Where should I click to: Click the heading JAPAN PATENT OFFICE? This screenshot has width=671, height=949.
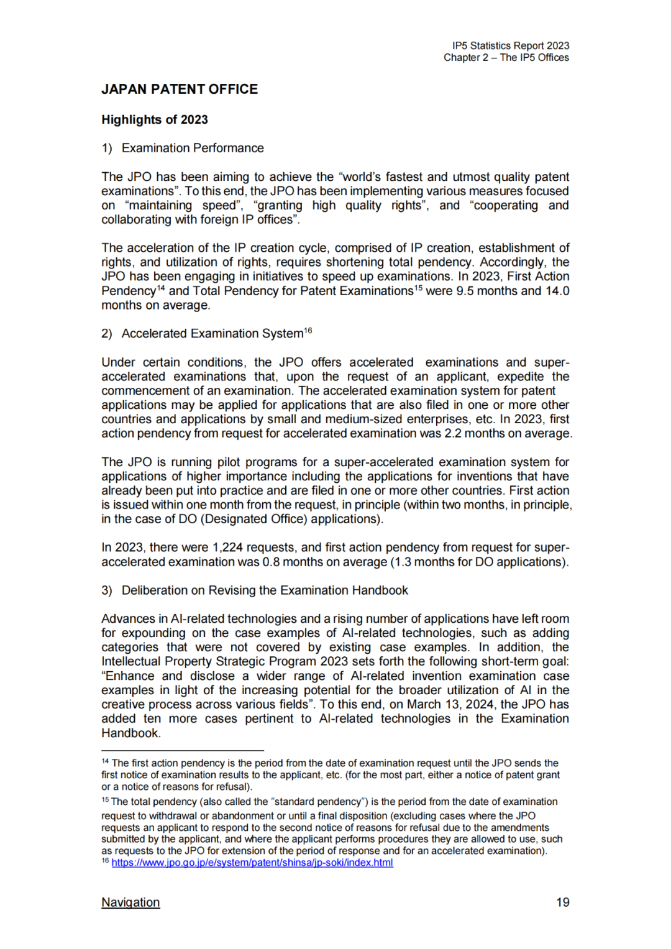(x=180, y=89)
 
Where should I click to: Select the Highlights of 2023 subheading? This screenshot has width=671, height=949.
(x=155, y=120)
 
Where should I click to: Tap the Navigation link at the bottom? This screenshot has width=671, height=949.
(x=130, y=902)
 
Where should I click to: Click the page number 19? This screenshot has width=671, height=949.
(x=562, y=902)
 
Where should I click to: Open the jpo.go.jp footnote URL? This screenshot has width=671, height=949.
(x=252, y=863)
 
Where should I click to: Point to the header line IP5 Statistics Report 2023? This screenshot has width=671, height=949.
(x=511, y=46)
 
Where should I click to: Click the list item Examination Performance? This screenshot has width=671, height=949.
(x=193, y=149)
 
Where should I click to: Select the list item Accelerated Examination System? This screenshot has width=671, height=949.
(x=212, y=334)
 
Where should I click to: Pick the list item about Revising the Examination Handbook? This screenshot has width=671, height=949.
(x=265, y=590)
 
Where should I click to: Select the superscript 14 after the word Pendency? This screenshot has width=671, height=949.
(x=161, y=288)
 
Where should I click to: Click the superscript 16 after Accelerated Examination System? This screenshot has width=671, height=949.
(x=308, y=331)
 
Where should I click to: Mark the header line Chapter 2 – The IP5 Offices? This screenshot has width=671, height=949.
(x=506, y=58)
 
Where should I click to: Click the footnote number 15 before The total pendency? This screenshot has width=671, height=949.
(x=105, y=800)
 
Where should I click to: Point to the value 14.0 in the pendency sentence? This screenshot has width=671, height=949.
(x=557, y=291)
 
